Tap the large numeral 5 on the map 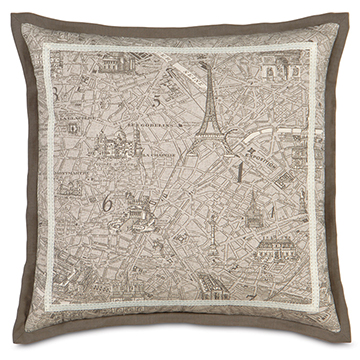pos(157,98)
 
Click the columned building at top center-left pos(127,66)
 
